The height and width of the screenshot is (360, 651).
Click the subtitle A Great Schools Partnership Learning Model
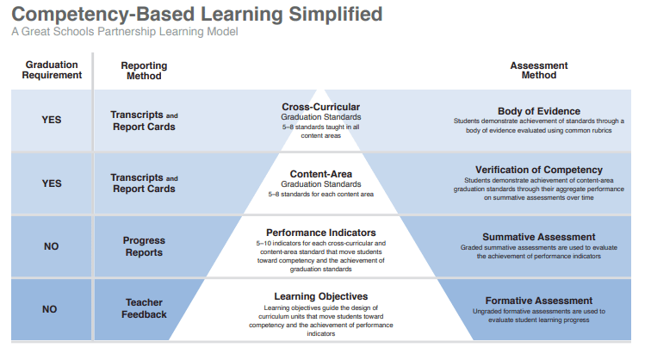tap(125, 32)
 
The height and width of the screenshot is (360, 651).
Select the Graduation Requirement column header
tap(52, 70)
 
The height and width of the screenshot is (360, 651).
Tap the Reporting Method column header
tap(144, 70)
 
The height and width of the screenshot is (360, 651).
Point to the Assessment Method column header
tap(538, 70)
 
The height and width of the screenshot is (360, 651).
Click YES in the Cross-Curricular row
tap(52, 121)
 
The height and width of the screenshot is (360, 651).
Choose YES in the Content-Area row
tap(52, 183)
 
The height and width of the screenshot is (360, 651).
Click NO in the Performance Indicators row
tap(52, 246)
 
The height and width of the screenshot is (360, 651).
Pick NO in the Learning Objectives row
tap(52, 309)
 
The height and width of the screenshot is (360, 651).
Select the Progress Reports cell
tap(144, 246)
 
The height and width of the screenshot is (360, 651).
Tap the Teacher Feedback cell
tap(144, 309)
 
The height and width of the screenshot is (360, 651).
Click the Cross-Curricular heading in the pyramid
tap(320, 108)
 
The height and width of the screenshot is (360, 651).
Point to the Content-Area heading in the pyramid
tap(320, 174)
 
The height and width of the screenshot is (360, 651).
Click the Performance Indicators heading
tap(320, 233)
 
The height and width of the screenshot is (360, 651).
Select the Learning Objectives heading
tap(320, 296)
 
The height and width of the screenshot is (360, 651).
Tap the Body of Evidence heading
tap(538, 111)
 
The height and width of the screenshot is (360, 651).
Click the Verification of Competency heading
tap(538, 170)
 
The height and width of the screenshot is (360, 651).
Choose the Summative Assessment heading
tap(538, 237)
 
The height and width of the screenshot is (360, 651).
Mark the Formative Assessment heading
tap(538, 301)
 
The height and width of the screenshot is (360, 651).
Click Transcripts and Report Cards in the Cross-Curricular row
tap(144, 121)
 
